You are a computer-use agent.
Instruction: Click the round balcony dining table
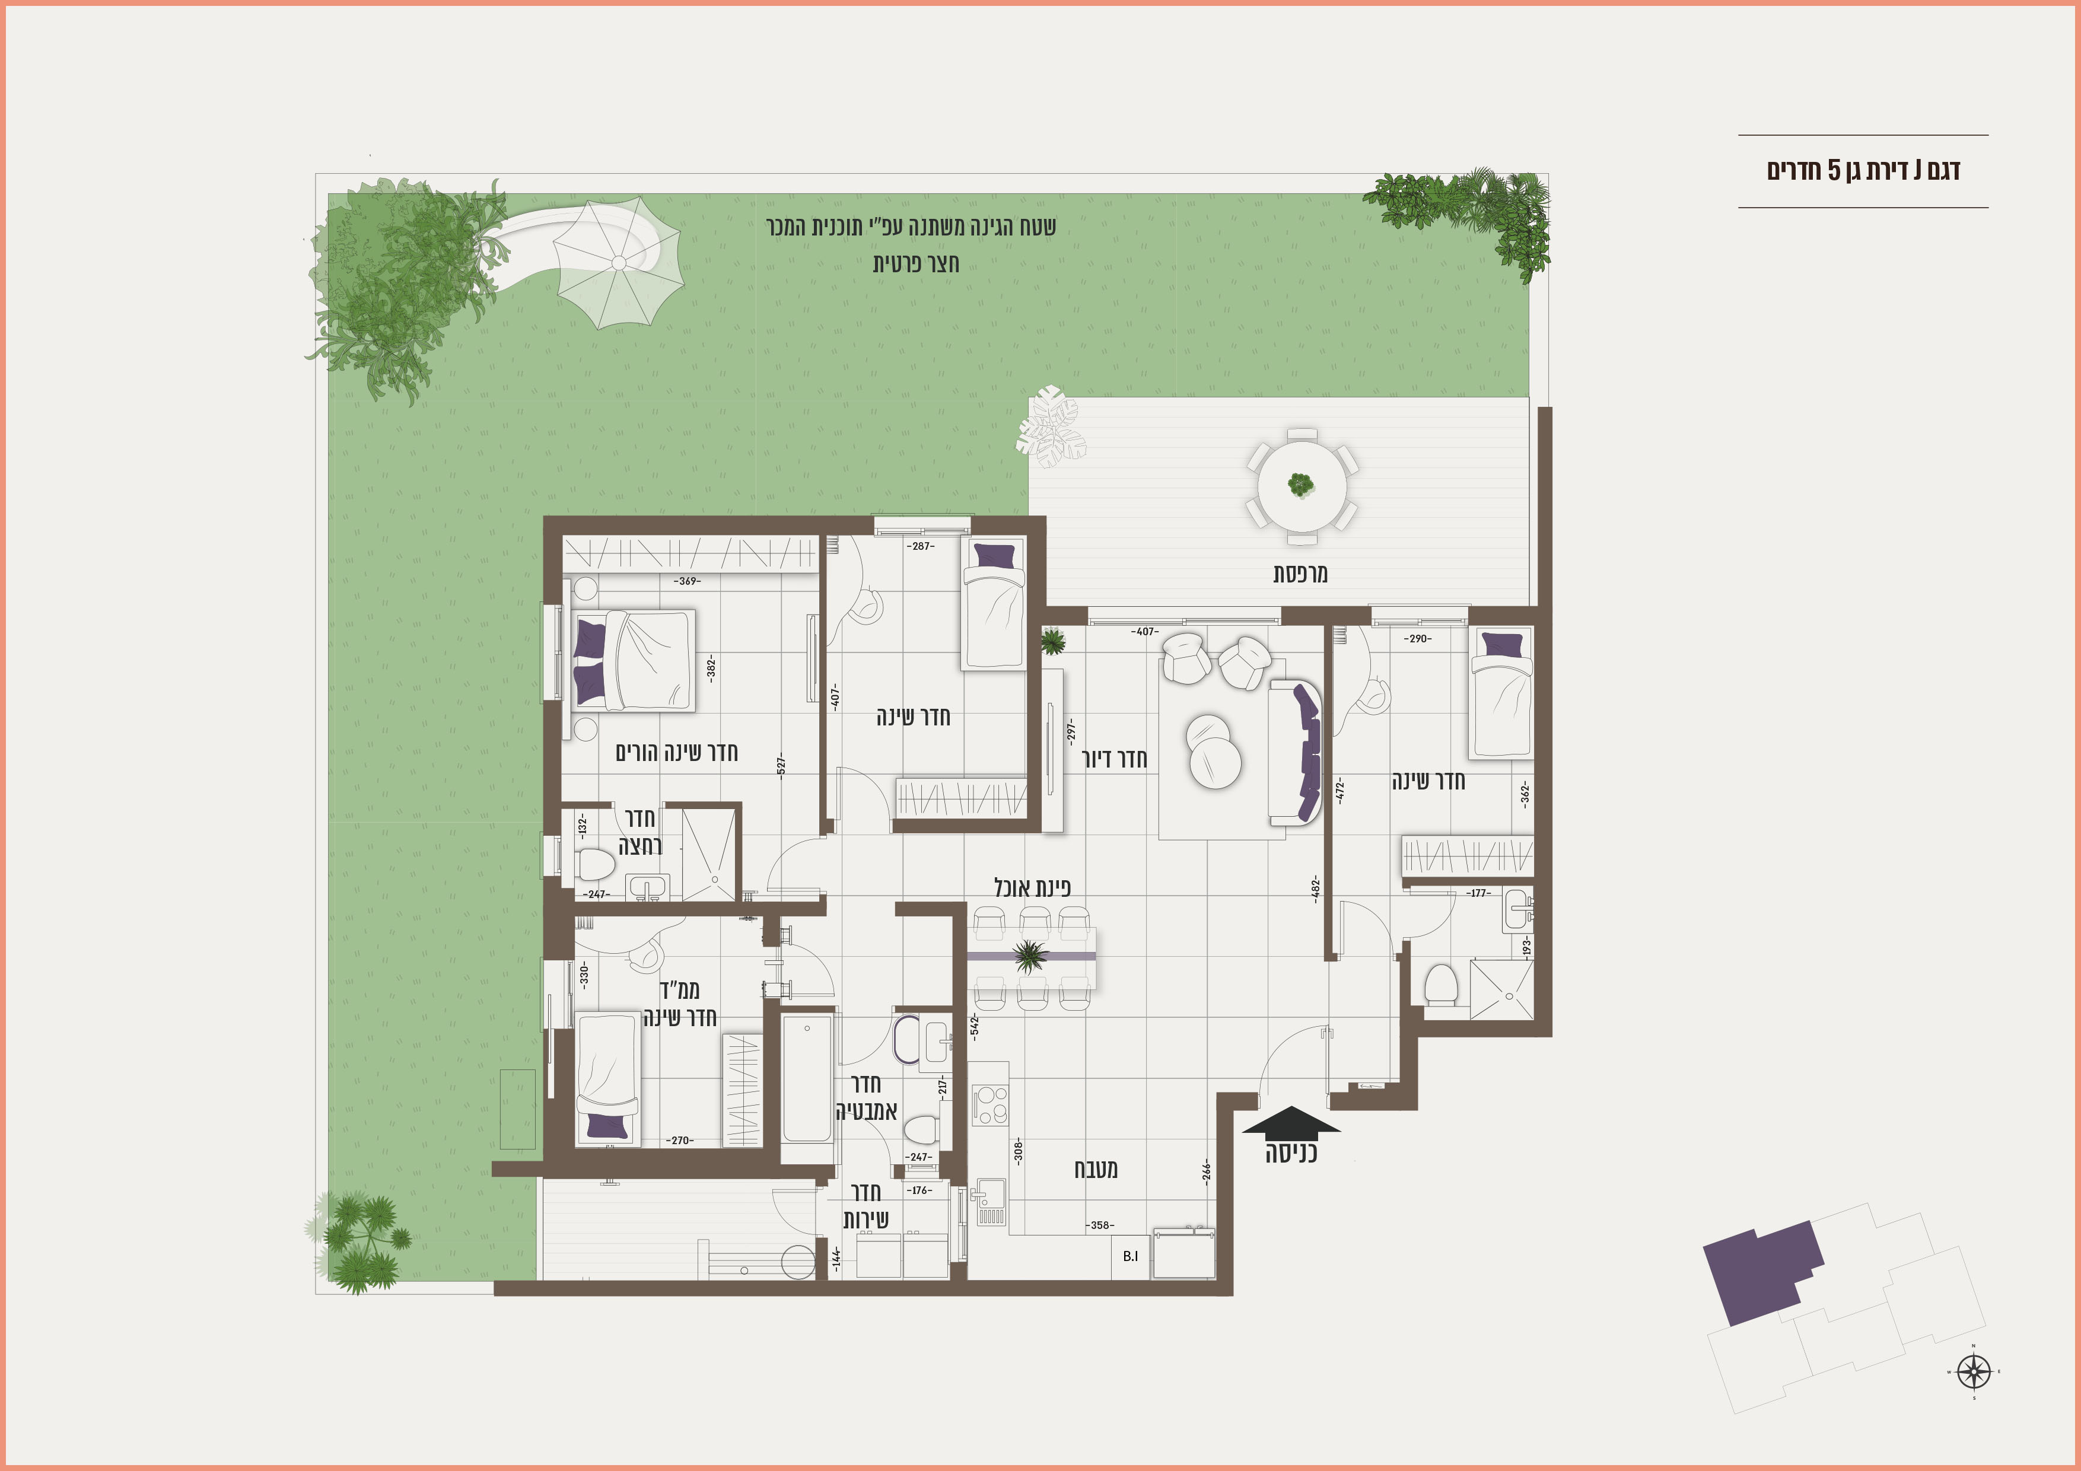pyautogui.click(x=1302, y=485)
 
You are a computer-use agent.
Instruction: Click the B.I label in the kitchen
pyautogui.click(x=1130, y=1256)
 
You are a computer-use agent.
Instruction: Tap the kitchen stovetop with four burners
pyautogui.click(x=989, y=1104)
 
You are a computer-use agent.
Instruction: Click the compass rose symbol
pyautogui.click(x=1974, y=1371)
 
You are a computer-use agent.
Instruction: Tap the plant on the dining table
pyautogui.click(x=1030, y=956)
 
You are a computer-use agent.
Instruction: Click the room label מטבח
pyautogui.click(x=1096, y=1169)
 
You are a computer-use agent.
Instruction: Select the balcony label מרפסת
pyautogui.click(x=1300, y=574)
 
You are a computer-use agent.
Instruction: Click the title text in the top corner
pyautogui.click(x=1863, y=170)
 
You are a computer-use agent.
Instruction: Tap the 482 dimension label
pyautogui.click(x=1315, y=889)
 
